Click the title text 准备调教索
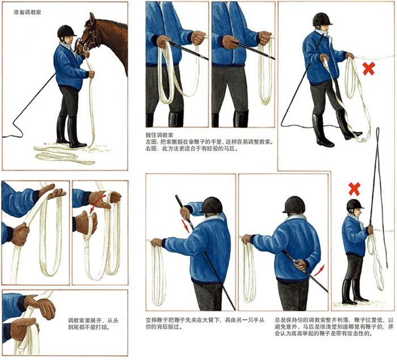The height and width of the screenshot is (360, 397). pos(27,12)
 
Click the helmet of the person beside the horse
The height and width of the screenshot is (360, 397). pos(66,31)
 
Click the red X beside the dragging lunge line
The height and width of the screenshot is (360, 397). pos(369,69)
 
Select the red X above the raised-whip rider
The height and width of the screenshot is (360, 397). pos(354,189)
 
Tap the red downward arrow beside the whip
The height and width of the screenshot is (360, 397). pos(186,226)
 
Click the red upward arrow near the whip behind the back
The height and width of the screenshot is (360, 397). pos(319,270)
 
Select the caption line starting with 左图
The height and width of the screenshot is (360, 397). pos(210,142)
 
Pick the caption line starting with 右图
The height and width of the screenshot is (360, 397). pos(192,149)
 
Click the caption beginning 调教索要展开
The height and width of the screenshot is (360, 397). pos(93,324)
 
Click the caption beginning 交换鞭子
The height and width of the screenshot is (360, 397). pos(205,323)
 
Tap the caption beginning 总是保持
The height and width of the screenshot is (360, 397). pos(334,327)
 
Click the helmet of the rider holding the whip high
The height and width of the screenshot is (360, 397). pos(354,205)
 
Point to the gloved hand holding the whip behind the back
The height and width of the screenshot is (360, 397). pos(301,265)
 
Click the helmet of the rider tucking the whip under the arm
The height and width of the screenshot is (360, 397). pos(211,205)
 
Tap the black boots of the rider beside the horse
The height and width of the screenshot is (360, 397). pos(71,132)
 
